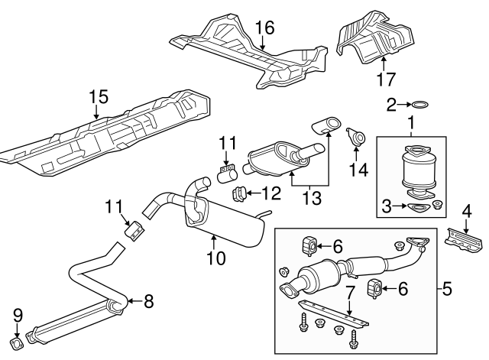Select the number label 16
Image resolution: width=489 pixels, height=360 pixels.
pyautogui.click(x=264, y=29)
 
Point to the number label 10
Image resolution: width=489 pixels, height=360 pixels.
pyautogui.click(x=216, y=258)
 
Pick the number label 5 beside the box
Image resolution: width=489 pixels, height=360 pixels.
pyautogui.click(x=448, y=290)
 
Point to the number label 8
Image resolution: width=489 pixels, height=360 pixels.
pyautogui.click(x=148, y=301)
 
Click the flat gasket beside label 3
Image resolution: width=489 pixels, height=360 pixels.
pyautogui.click(x=416, y=206)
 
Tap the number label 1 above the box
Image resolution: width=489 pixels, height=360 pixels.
pyautogui.click(x=412, y=121)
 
